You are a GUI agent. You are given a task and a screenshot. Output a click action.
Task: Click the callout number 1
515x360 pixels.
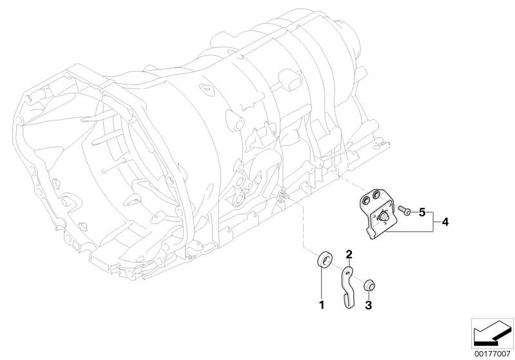coord(322,305)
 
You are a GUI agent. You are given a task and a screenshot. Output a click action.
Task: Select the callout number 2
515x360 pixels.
coord(349,254)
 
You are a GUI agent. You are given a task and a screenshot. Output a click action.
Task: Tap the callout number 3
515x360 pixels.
coord(369,305)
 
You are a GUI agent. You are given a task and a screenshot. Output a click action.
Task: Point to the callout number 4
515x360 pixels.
coord(445,222)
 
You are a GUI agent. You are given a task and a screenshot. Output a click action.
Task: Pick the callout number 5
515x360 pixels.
coord(422,213)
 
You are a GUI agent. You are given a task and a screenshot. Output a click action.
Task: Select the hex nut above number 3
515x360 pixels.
coord(370,286)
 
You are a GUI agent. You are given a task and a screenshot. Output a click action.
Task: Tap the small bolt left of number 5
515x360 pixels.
coord(404,211)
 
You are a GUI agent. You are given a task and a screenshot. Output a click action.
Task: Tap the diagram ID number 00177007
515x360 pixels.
coord(492,354)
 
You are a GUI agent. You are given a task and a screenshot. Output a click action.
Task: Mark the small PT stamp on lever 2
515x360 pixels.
coord(348,272)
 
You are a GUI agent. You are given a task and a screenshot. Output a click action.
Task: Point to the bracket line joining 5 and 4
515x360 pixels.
coord(434,222)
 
